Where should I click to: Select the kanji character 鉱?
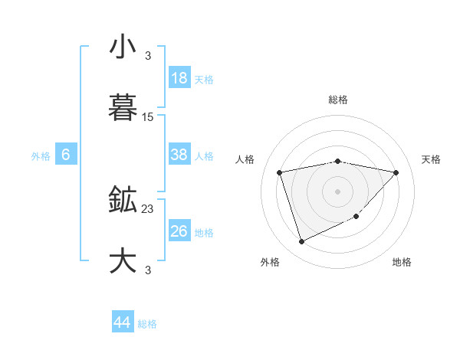point(123,201)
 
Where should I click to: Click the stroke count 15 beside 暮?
point(148,117)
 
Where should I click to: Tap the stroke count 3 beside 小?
point(148,55)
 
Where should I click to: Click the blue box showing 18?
point(179,78)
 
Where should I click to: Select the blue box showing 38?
point(179,155)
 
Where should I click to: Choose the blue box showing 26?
point(179,231)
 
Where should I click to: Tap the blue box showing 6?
point(66,155)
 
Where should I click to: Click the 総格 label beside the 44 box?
point(147,324)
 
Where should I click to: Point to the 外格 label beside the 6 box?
point(41,156)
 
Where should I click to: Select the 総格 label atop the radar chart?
point(338,100)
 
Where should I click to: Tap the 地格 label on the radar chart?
point(402,262)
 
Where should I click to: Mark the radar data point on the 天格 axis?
point(396,172)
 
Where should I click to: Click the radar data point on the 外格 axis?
point(301,242)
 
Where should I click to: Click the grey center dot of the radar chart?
point(338,191)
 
